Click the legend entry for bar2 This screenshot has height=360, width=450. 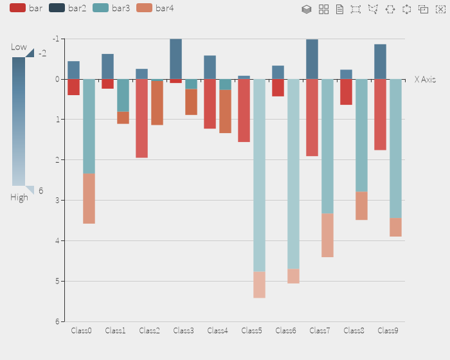click(67, 8)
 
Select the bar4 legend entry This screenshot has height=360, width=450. click(154, 8)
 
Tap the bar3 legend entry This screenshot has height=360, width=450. click(111, 8)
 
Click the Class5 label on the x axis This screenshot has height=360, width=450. click(251, 330)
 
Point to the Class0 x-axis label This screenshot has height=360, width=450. click(81, 330)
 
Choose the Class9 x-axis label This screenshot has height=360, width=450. click(388, 330)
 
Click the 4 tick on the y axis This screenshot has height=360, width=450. click(57, 240)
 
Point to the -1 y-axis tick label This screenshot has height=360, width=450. click(56, 39)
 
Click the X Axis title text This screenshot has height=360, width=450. click(425, 80)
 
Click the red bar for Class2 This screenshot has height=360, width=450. click(142, 118)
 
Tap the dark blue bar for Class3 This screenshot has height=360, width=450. click(175, 59)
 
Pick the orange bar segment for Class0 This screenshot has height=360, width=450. click(89, 198)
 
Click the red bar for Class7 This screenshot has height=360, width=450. click(312, 118)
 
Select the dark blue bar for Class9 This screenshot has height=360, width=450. click(380, 62)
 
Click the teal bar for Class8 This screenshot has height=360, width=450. click(361, 135)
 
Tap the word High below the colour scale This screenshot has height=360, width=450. click(19, 197)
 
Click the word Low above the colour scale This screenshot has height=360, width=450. click(19, 47)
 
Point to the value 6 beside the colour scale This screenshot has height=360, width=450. click(41, 191)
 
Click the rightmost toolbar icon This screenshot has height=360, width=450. click(440, 9)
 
